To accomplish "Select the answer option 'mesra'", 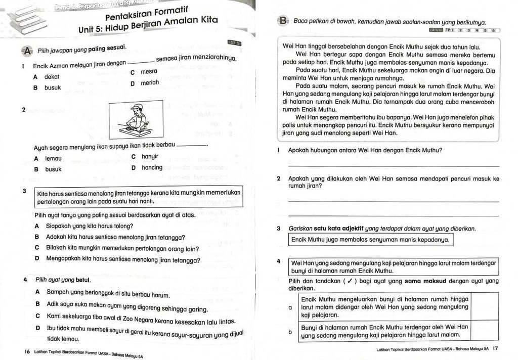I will click(x=149, y=72).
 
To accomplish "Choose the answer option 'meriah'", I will click(x=150, y=83).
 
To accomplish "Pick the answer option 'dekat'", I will click(x=52, y=77).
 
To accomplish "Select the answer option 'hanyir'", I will click(x=150, y=157).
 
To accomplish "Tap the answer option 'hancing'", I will click(x=152, y=168).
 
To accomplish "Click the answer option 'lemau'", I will click(x=53, y=158).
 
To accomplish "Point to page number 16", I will click(x=27, y=351).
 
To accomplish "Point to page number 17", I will click(x=495, y=348).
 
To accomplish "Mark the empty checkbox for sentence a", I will click(x=485, y=306).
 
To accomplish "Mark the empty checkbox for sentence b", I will click(x=485, y=331).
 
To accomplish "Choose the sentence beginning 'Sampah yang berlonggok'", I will click(x=108, y=293).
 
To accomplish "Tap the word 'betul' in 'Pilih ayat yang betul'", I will click(x=82, y=280).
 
